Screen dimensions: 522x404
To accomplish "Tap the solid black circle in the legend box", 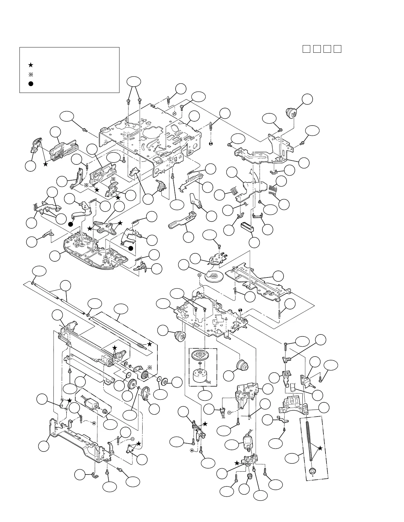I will (30, 84).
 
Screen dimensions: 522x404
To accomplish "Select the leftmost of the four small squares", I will (306, 49).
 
